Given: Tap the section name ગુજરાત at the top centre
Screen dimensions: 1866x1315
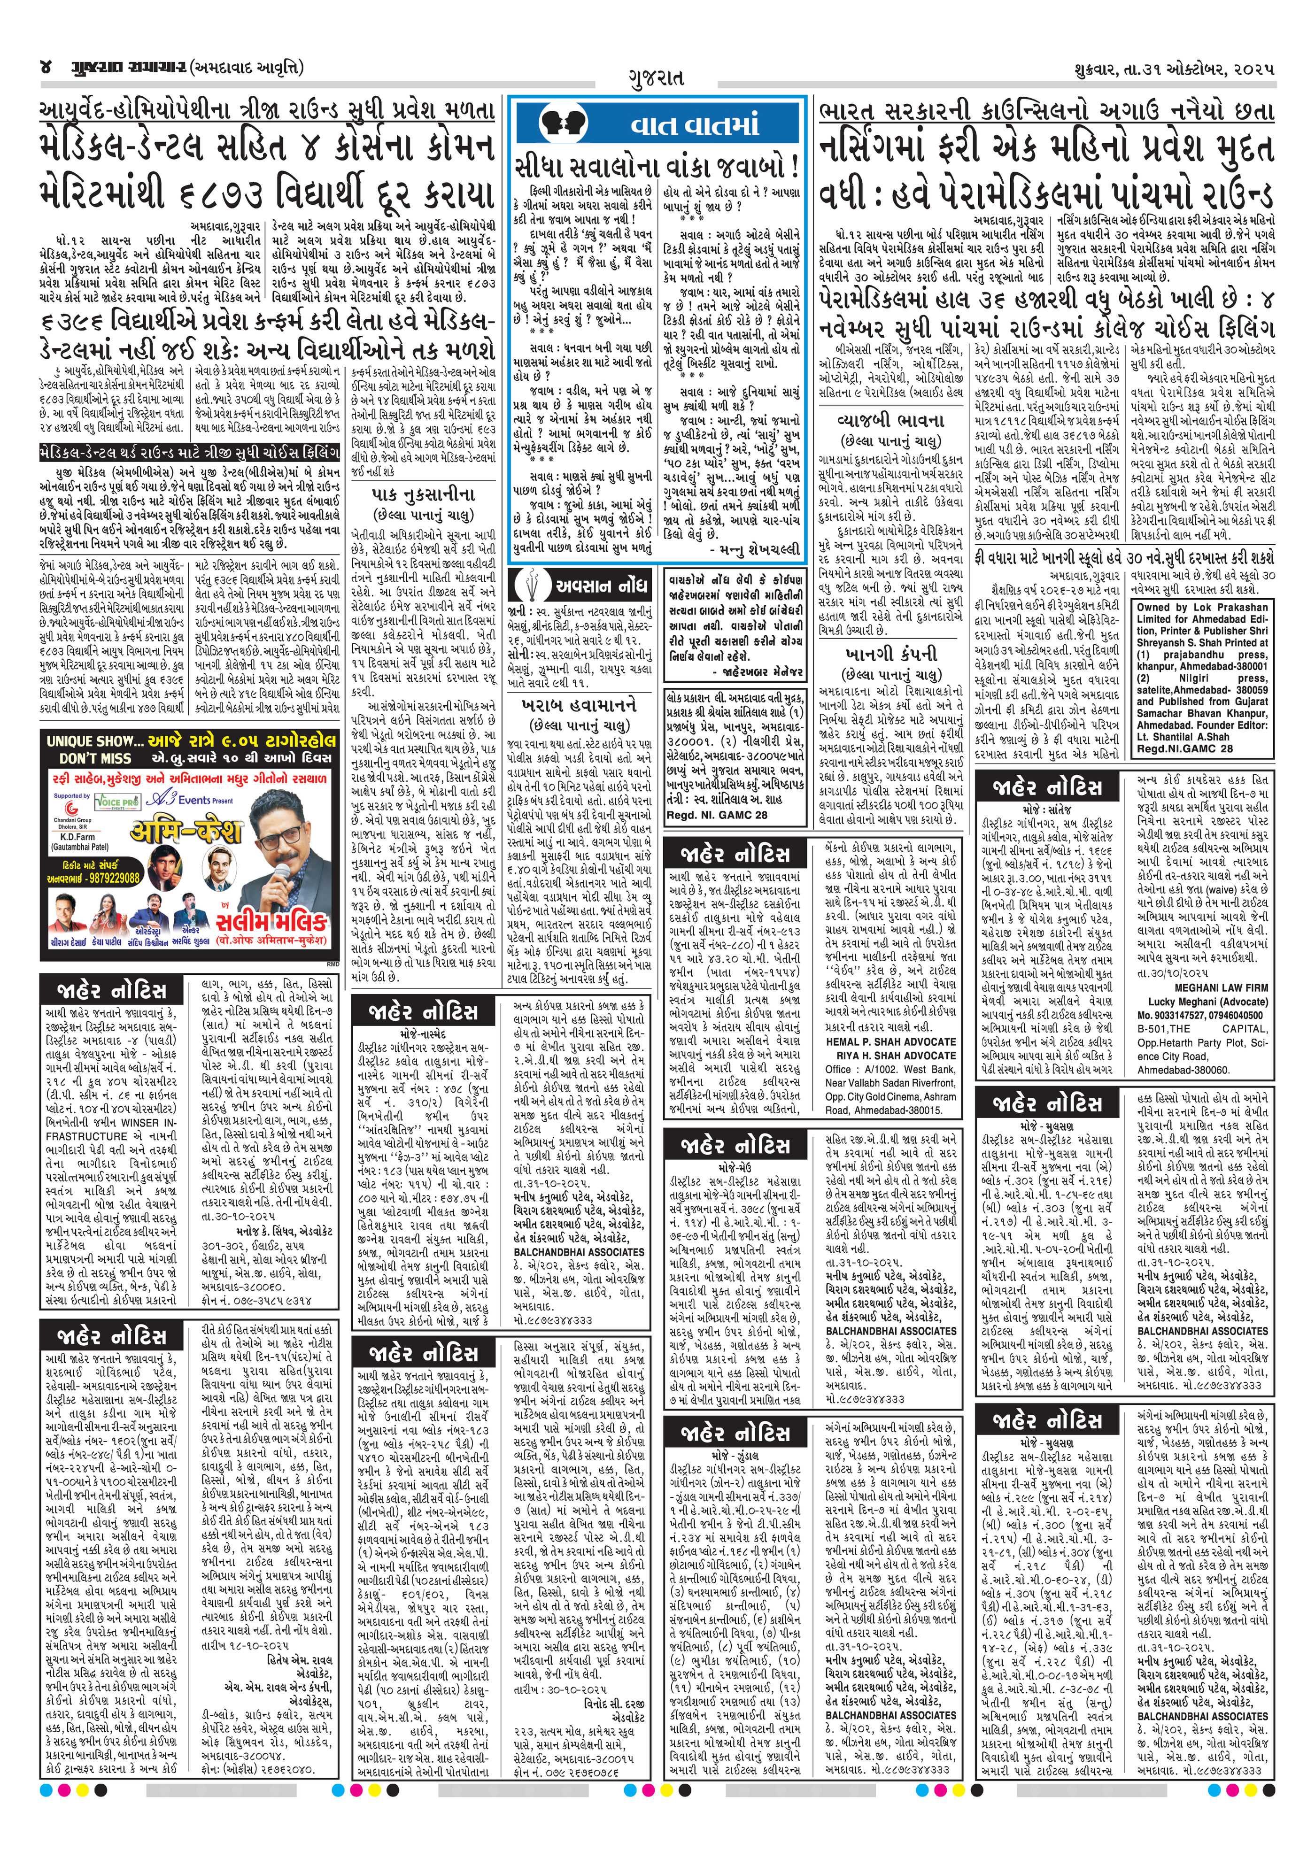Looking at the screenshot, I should pos(656,77).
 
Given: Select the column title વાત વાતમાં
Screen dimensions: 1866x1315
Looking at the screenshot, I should pos(695,125).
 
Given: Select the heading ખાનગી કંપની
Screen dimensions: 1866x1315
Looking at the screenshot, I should pos(891,654).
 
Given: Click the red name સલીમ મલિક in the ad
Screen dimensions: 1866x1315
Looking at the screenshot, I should pos(271,921).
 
